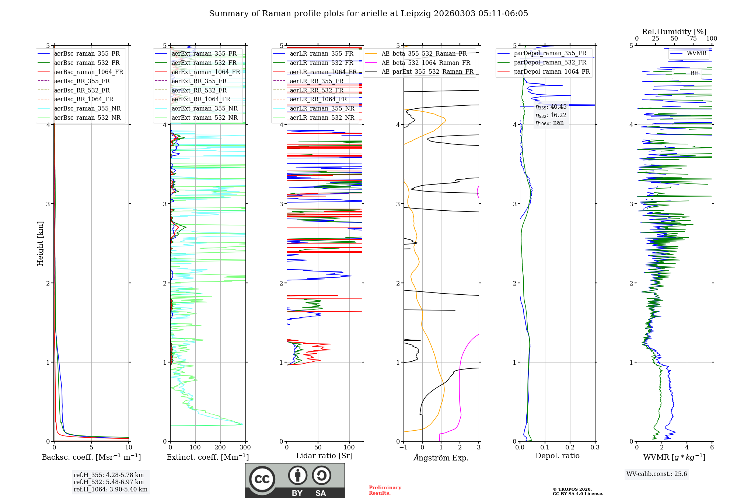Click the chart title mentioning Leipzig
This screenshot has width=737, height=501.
(x=368, y=14)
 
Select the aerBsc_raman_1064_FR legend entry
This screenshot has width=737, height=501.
(x=88, y=72)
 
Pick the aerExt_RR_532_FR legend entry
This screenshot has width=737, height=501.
(x=199, y=90)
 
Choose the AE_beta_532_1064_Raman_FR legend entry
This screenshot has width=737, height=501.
(x=426, y=63)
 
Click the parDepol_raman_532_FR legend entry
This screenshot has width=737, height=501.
(x=550, y=62)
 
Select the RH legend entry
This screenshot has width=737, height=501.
(x=694, y=73)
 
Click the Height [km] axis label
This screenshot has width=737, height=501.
(x=40, y=244)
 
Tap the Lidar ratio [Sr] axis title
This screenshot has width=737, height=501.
(x=324, y=456)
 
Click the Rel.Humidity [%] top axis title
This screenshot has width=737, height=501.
(x=674, y=32)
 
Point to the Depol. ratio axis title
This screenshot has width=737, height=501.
(x=557, y=456)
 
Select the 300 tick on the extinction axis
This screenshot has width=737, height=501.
(x=245, y=448)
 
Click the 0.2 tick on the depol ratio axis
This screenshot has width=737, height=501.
(x=570, y=448)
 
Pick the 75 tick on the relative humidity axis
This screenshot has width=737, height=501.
(x=693, y=39)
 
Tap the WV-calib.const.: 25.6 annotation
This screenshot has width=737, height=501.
(x=657, y=474)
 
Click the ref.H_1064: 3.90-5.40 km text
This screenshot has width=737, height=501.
(x=111, y=489)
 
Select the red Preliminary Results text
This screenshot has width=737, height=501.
(x=385, y=490)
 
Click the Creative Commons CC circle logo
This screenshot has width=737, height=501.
(x=262, y=479)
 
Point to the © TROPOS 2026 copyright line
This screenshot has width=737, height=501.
(x=572, y=489)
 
